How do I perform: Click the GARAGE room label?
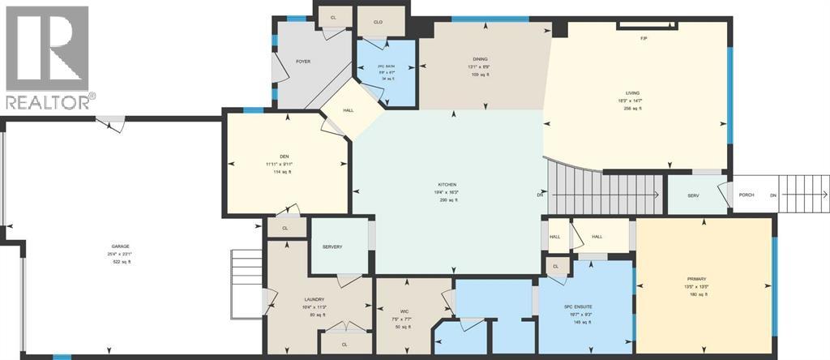tap(121, 246)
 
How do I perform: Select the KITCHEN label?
tap(447, 185)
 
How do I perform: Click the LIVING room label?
tap(632, 94)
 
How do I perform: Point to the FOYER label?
tap(303, 62)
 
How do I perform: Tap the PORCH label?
tap(747, 195)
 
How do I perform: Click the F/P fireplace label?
tap(644, 38)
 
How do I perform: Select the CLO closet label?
tap(378, 22)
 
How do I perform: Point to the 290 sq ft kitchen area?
tap(447, 199)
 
